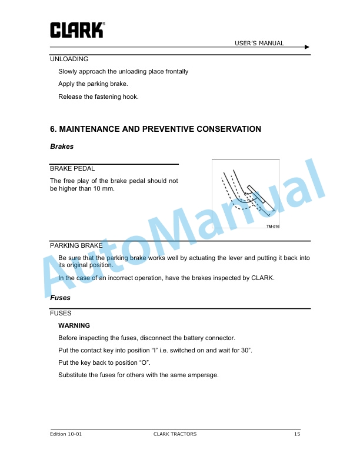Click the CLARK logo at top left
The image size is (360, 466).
[x=77, y=30]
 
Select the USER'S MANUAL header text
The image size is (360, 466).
[x=259, y=43]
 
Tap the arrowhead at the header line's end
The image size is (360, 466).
[x=307, y=47]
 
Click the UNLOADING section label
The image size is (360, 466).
[x=69, y=59]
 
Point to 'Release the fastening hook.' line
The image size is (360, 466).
[x=98, y=97]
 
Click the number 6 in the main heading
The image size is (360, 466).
[x=53, y=129]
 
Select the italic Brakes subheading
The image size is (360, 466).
[x=62, y=147]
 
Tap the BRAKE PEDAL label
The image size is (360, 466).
[x=72, y=168]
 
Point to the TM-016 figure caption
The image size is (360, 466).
[x=272, y=227]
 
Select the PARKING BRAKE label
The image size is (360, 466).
[x=76, y=245]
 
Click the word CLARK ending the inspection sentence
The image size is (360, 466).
[x=262, y=278]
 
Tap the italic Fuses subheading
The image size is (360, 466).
[x=60, y=298]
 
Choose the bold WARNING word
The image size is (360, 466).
[x=74, y=325]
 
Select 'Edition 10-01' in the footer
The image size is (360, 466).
[x=66, y=434]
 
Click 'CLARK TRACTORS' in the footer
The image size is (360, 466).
[x=175, y=434]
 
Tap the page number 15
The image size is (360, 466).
[x=298, y=434]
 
